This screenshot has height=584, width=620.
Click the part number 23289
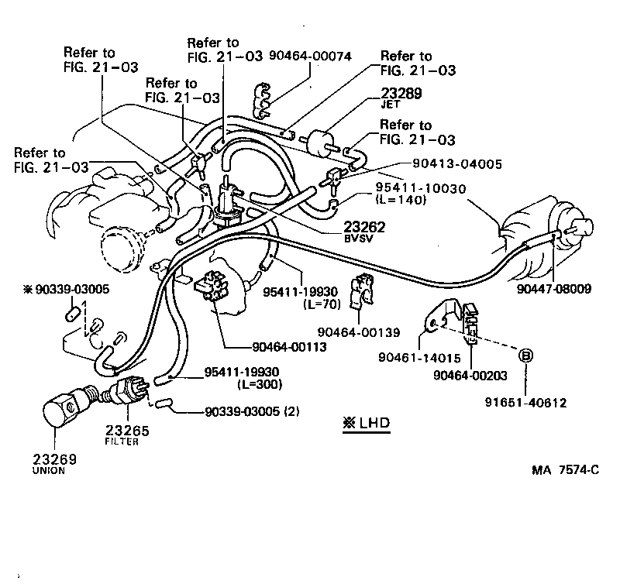click(x=399, y=93)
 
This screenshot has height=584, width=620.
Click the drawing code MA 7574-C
click(x=564, y=470)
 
